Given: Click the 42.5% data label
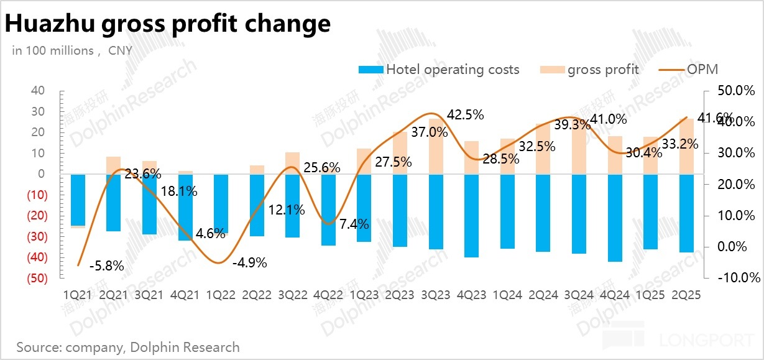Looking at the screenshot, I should pos(466,115).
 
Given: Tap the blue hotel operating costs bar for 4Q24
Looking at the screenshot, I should pos(614,218).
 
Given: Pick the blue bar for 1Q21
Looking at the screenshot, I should pos(78,200).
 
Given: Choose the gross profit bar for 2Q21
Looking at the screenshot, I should pos(113,165).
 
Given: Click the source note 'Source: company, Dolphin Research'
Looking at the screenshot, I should pos(128,347).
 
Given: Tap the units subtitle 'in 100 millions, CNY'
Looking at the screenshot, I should pos(72,51).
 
